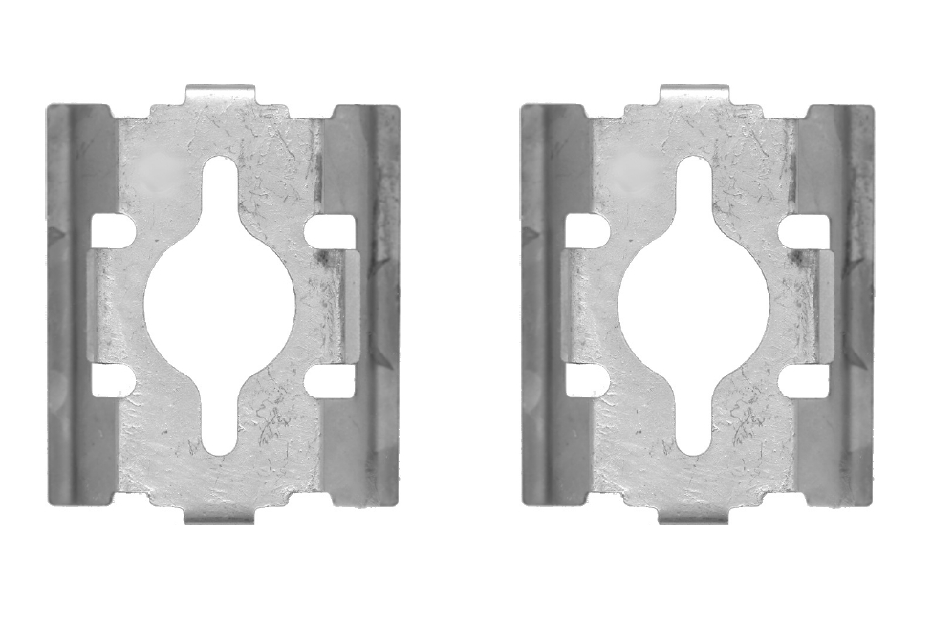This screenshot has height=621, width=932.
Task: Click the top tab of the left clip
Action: (221, 95)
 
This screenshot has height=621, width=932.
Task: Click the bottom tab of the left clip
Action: (221, 515)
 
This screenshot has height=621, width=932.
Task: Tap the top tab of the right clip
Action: (695, 95)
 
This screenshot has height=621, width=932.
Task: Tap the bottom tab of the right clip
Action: (695, 515)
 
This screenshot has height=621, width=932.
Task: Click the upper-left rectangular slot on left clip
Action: (113, 230)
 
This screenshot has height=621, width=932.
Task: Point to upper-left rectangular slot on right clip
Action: (587, 230)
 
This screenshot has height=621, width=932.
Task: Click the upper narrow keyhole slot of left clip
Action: (221, 186)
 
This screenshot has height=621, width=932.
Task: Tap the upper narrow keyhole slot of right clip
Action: (695, 186)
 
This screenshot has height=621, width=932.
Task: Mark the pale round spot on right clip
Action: (632, 167)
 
